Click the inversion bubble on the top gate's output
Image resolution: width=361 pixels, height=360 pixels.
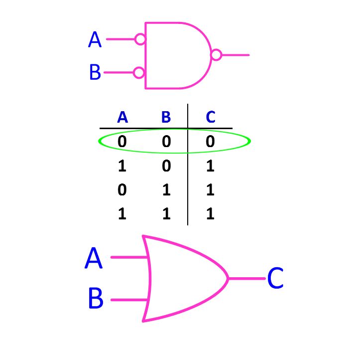(216, 55)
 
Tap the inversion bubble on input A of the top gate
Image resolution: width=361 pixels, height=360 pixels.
(140, 39)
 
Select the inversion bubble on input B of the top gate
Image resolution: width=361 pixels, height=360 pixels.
(139, 73)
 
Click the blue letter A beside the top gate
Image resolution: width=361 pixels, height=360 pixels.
(95, 39)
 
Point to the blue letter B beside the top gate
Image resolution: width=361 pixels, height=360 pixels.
(95, 73)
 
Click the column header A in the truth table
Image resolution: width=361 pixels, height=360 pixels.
(122, 118)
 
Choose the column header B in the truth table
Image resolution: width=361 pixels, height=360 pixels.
(166, 118)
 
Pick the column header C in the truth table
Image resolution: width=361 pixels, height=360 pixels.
(211, 118)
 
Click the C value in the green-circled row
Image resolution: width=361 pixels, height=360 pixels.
(210, 142)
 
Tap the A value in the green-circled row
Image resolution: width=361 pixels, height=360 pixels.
(122, 142)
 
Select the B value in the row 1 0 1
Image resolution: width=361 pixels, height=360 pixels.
(166, 166)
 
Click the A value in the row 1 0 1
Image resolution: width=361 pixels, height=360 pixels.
(122, 166)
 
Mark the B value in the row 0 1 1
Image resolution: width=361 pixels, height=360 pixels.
(166, 190)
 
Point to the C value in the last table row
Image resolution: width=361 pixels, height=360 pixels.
(210, 214)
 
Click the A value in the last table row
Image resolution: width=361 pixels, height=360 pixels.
(122, 214)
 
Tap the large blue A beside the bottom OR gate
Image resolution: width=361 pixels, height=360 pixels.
(94, 258)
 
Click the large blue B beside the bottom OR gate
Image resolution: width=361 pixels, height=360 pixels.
(96, 299)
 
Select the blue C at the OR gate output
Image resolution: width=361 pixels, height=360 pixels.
(275, 279)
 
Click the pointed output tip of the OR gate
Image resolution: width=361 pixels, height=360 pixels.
(228, 278)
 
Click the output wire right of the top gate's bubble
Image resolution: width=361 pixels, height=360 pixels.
(235, 55)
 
